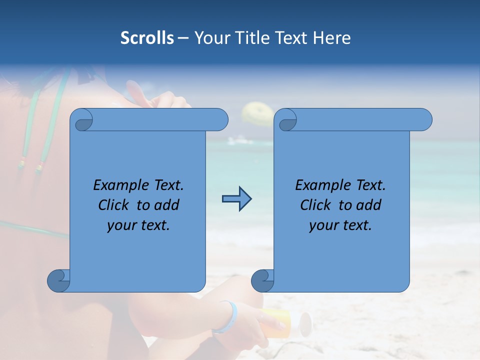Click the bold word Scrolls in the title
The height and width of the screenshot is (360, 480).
[x=147, y=38]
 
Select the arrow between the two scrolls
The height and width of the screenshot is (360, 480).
[x=236, y=199]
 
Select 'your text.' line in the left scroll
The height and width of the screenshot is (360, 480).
[x=138, y=225]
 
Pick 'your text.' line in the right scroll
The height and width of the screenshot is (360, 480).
[x=340, y=225]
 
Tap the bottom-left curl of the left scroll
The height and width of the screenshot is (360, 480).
[x=59, y=280]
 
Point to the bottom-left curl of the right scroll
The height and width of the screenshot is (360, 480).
[x=262, y=280]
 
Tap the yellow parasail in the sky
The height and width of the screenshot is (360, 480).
[x=257, y=114]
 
